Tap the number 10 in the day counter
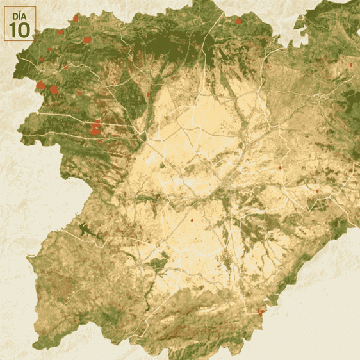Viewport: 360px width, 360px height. click(x=19, y=29)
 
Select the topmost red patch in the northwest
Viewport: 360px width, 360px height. click(x=76, y=19)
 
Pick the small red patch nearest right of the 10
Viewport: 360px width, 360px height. click(x=60, y=32)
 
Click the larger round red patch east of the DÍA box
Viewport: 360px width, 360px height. click(x=86, y=40)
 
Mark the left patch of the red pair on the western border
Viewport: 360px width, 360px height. click(x=41, y=85)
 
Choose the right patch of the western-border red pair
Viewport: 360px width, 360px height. click(x=54, y=90)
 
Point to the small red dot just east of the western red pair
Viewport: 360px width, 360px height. click(x=79, y=93)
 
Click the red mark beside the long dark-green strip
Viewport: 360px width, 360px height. click(x=149, y=94)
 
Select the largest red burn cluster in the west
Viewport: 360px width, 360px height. click(x=96, y=128)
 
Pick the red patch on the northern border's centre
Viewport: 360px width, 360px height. click(x=238, y=21)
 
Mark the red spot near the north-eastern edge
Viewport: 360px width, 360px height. click(x=350, y=65)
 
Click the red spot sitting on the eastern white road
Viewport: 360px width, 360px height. click(x=280, y=168)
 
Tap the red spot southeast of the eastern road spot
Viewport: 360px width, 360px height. click(x=316, y=191)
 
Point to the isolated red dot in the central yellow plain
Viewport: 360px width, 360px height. click(x=192, y=220)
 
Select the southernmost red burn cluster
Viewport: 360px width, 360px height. click(x=261, y=312)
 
